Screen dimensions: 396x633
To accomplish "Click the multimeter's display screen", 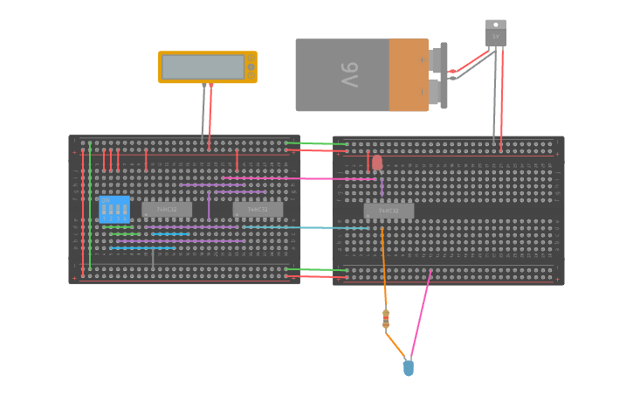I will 203,67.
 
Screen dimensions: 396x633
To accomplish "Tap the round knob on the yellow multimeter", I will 251,67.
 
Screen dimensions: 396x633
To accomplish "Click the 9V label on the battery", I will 348,75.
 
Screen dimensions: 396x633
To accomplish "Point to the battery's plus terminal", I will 423,59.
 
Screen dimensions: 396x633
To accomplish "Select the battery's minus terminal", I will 423,90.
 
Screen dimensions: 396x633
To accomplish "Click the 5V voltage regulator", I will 496,34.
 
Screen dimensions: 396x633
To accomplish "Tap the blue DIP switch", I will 114,210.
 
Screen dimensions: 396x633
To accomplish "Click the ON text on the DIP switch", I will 106,201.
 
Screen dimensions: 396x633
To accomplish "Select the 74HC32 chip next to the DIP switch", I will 166,210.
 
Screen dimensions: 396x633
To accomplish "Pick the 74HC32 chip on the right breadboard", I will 389,211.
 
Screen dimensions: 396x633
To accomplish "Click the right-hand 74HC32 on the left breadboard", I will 258,210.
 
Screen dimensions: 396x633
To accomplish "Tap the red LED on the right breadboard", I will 377,163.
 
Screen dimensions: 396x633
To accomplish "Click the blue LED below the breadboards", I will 408,368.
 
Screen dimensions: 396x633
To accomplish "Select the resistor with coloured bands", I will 386,320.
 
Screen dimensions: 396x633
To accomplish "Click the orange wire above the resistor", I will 383,271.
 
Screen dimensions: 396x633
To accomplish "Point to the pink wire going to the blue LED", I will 421,315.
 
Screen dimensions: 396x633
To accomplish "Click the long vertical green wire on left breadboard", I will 89,205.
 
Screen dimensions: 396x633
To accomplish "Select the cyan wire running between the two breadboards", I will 306,227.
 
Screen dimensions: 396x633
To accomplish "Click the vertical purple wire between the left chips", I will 209,206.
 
